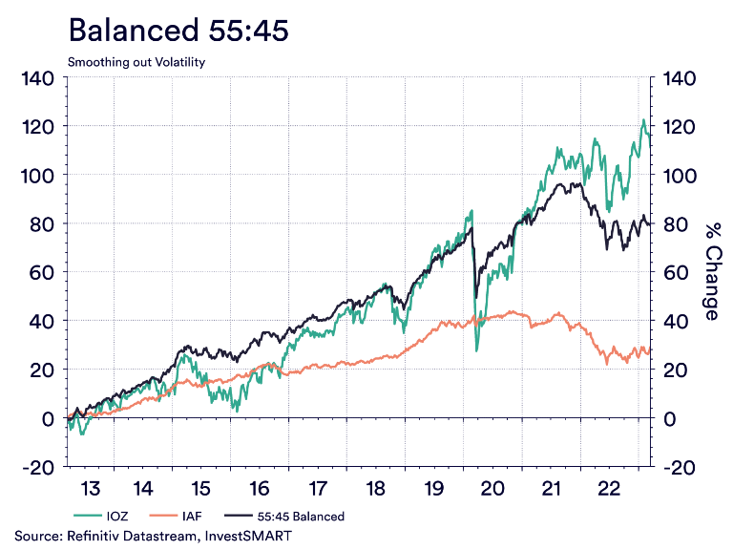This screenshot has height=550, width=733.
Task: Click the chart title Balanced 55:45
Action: click(178, 31)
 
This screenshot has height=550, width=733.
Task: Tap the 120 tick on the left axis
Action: click(38, 127)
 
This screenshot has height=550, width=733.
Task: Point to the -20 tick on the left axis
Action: click(38, 467)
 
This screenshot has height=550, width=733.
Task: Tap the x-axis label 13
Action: click(90, 489)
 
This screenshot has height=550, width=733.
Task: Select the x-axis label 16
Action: click(260, 489)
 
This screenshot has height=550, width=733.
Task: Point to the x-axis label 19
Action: click(433, 489)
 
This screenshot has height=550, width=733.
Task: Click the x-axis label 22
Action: click(608, 489)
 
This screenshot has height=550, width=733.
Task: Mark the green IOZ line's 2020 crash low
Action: click(476, 350)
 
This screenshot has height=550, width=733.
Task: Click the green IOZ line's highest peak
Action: click(642, 119)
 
